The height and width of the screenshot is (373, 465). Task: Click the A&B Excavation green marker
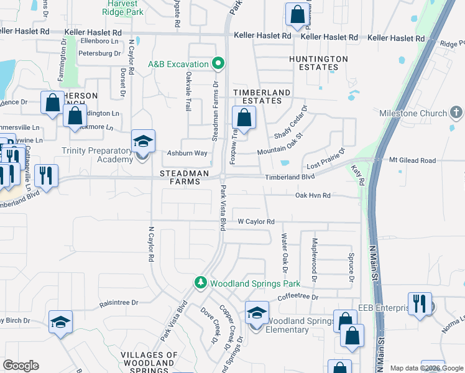tap(218, 63)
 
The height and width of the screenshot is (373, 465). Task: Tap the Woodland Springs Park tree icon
tap(201, 283)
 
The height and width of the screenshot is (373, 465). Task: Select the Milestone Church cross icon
tap(456, 113)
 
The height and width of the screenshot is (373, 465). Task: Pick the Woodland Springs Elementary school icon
tap(256, 312)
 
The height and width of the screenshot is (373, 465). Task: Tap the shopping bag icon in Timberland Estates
tap(244, 117)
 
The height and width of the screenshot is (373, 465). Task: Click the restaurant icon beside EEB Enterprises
tap(420, 303)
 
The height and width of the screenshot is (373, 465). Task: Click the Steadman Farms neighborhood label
tap(181, 177)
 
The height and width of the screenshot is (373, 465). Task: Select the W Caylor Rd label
tap(256, 221)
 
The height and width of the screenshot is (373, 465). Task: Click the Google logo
tap(21, 366)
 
